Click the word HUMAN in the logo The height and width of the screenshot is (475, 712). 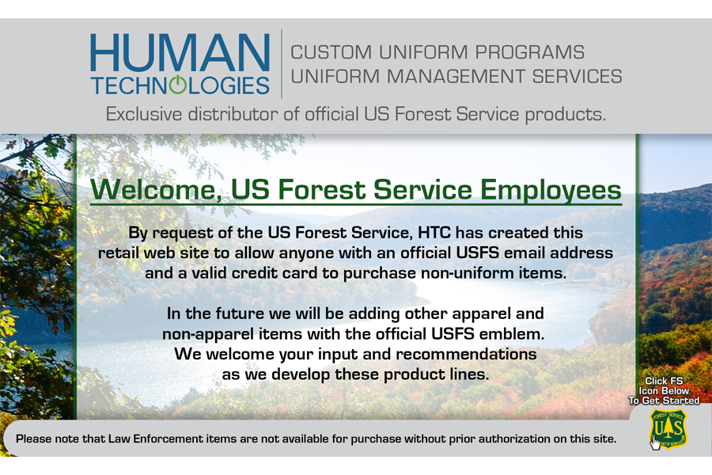click(180, 52)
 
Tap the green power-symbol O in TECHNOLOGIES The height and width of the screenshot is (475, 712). click(177, 85)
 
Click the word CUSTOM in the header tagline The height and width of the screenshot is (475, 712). click(331, 52)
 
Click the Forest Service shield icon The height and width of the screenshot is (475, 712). click(668, 428)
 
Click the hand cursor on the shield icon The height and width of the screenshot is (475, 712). click(655, 443)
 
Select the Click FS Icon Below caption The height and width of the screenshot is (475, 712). click(664, 386)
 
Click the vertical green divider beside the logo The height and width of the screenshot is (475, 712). click(282, 64)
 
